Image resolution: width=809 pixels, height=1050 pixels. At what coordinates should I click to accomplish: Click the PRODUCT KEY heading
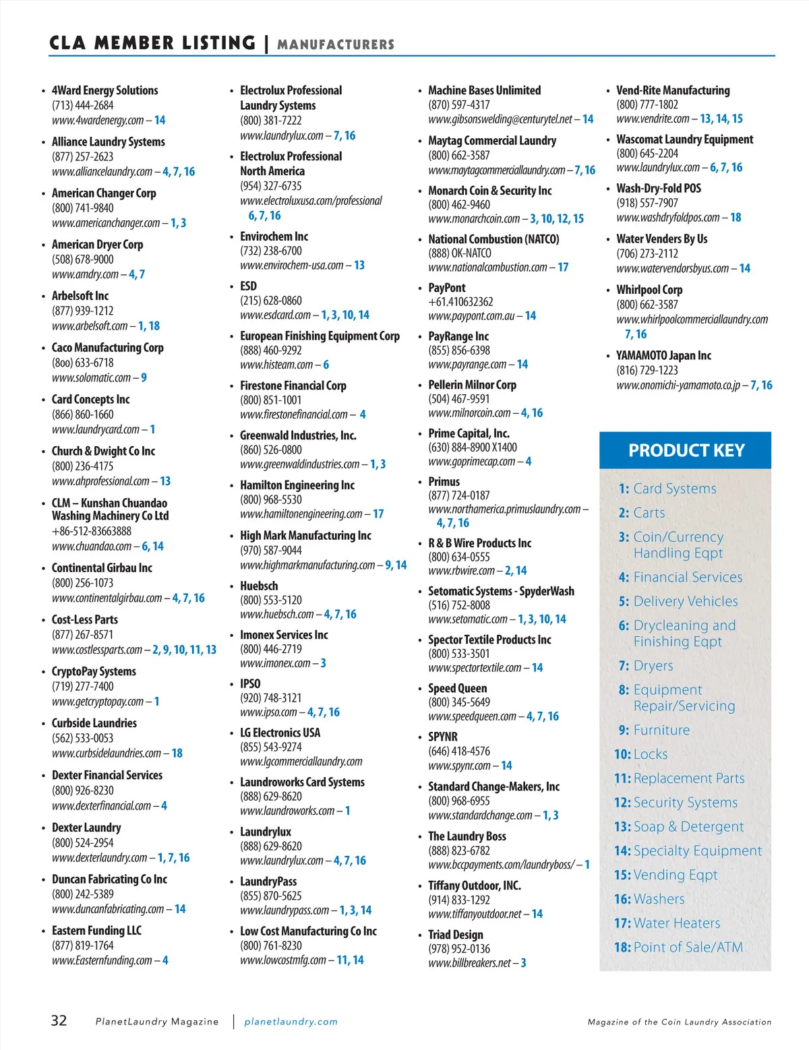[x=686, y=450]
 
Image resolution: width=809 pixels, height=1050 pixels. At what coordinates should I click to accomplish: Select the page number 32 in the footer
[x=59, y=1020]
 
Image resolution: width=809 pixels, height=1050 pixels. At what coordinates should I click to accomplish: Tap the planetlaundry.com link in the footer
[x=291, y=1022]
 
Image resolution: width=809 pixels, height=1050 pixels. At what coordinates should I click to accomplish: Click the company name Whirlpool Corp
[x=649, y=290]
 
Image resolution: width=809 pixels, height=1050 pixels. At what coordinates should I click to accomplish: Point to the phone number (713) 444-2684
[x=83, y=105]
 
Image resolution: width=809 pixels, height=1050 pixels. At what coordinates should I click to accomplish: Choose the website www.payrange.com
[x=467, y=365]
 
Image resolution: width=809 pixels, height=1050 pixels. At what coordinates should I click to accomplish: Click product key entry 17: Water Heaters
[x=667, y=923]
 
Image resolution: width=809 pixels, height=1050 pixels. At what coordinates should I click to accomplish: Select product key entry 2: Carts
[x=642, y=513]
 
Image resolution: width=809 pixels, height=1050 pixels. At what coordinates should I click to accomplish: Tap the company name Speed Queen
[x=457, y=688]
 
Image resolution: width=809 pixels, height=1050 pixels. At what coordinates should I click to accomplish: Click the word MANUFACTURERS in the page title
[x=336, y=45]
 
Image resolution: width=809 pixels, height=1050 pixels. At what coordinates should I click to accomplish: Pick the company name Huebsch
[x=259, y=586]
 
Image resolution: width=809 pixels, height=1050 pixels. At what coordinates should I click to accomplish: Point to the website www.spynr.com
[x=459, y=766]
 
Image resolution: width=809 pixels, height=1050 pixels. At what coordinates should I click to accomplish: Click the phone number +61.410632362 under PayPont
[x=460, y=302]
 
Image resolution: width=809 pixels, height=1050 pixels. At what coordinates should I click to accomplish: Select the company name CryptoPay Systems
[x=94, y=671]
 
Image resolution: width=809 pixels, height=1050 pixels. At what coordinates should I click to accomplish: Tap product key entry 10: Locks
[x=640, y=754]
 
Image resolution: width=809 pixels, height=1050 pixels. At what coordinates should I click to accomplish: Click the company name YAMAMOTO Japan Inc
[x=663, y=355]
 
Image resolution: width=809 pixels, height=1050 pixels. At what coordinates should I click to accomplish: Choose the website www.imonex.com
[x=275, y=663]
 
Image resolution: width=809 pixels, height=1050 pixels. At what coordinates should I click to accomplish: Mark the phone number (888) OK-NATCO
[x=460, y=253]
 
